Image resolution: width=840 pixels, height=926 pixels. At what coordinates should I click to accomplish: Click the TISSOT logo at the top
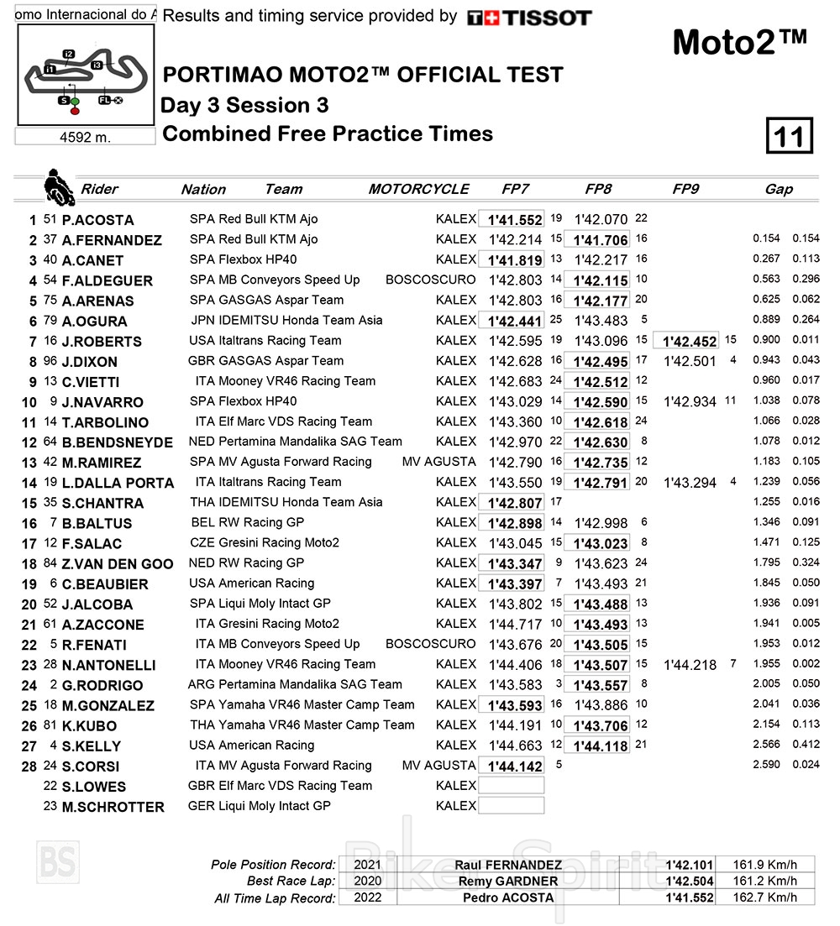click(x=529, y=18)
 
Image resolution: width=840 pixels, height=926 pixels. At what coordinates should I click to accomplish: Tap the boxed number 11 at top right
click(x=789, y=136)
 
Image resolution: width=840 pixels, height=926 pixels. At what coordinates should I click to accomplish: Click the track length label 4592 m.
click(x=85, y=137)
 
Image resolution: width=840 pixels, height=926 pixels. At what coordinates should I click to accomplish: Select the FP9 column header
click(x=685, y=189)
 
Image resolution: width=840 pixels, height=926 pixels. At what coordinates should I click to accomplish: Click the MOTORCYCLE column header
click(x=418, y=189)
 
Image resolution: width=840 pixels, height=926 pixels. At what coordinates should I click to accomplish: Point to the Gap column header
click(x=779, y=189)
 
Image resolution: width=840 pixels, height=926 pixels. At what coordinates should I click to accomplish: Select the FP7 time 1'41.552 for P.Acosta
click(x=512, y=220)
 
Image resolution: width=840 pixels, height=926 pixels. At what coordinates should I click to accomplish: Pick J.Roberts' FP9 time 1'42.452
click(x=689, y=341)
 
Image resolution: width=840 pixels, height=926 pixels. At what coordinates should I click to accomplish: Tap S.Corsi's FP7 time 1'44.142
click(x=512, y=766)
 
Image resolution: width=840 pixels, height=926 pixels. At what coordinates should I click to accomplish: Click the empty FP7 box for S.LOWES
click(x=512, y=786)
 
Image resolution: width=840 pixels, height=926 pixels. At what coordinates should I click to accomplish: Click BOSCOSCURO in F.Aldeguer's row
click(x=430, y=280)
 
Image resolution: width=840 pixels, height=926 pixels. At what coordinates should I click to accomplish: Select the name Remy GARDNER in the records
click(x=507, y=881)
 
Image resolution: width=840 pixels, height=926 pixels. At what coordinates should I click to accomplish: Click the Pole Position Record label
click(x=273, y=865)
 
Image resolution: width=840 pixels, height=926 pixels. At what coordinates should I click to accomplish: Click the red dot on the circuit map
click(x=75, y=111)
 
